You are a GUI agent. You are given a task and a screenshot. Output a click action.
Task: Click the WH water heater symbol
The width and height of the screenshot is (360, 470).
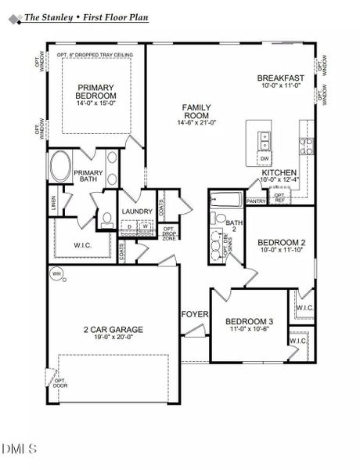[x=56, y=273]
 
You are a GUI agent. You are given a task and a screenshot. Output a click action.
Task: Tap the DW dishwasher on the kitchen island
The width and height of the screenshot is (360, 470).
[x=265, y=158]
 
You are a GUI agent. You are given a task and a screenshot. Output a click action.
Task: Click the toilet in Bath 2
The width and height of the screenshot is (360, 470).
[x=221, y=219]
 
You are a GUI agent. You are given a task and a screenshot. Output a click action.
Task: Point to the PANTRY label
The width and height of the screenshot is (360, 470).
[x=256, y=201]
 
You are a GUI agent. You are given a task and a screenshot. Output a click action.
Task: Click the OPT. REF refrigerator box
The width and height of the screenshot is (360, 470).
[x=279, y=197]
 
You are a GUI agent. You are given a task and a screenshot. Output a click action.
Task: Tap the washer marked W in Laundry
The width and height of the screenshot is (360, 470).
[x=145, y=226]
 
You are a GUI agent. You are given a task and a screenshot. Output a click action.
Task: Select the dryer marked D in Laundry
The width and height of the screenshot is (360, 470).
[x=130, y=226]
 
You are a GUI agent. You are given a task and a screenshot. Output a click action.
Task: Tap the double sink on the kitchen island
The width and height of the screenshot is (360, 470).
[x=265, y=139]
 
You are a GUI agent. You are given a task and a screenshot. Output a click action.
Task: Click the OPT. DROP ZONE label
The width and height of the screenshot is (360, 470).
[x=167, y=233]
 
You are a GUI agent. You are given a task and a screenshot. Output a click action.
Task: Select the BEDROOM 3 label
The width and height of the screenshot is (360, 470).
[x=249, y=321]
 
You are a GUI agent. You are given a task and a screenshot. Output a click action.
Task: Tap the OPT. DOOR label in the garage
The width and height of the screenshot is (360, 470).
[x=60, y=381]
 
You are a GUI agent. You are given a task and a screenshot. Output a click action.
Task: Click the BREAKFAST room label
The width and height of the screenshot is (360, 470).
[x=281, y=78]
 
